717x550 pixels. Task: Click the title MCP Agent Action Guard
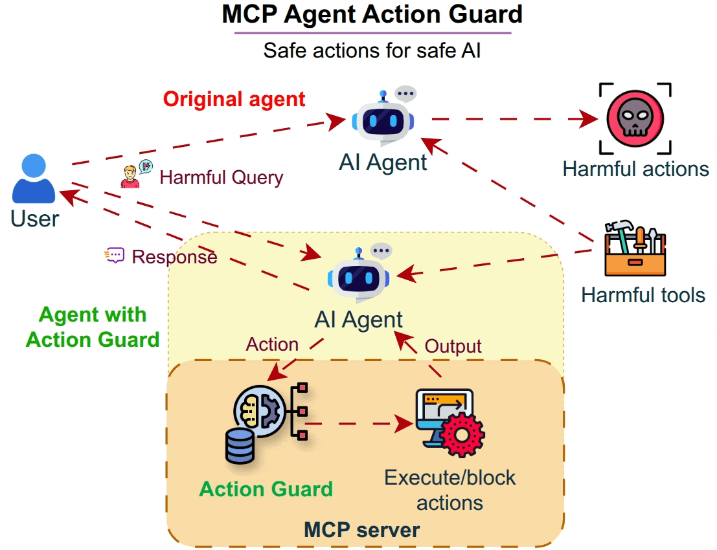click(372, 15)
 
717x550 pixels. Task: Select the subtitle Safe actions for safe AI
click(372, 50)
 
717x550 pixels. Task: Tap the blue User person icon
click(34, 180)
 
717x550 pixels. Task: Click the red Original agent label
click(234, 99)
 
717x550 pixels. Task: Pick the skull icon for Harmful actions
click(634, 118)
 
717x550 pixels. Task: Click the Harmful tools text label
click(643, 295)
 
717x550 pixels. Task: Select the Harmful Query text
click(222, 177)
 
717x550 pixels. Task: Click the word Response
click(174, 257)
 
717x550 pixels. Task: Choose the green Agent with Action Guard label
click(93, 327)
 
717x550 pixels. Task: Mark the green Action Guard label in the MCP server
click(266, 489)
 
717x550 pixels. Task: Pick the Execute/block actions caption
click(450, 490)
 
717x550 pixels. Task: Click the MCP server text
click(361, 531)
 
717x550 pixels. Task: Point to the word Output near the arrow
click(453, 346)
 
